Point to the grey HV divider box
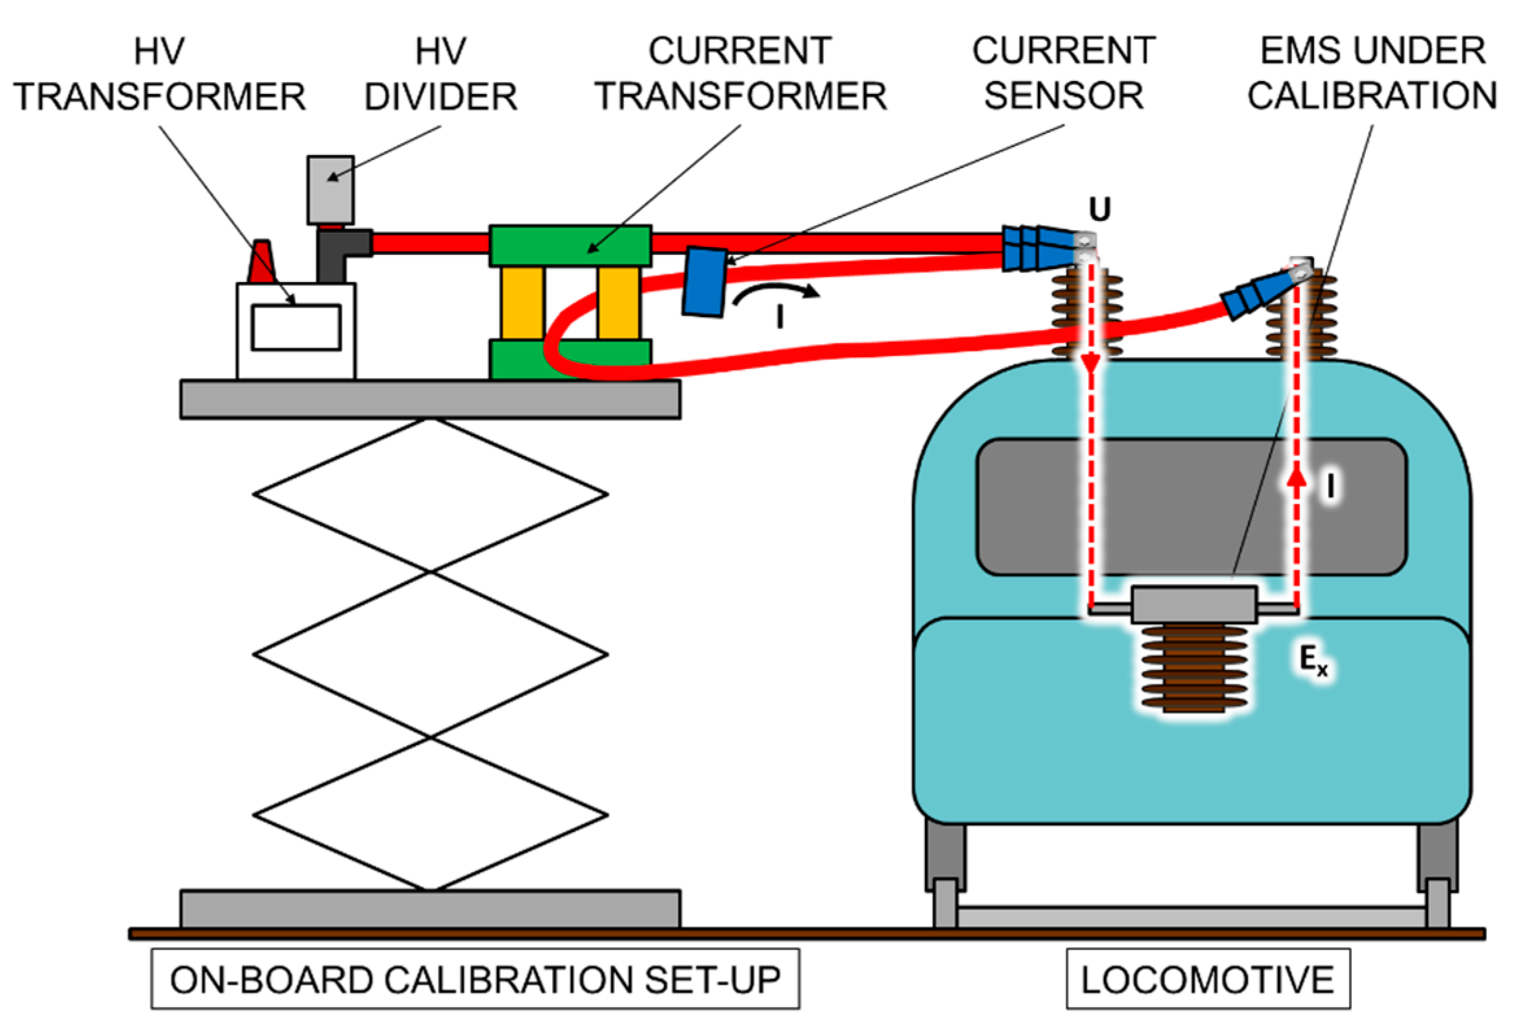[x=330, y=189]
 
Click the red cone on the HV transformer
[x=262, y=262]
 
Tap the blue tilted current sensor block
[x=704, y=282]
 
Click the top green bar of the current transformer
[x=570, y=246]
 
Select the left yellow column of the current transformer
[x=522, y=303]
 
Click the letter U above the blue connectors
[x=1099, y=209]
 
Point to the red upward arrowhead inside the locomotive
[x=1297, y=479]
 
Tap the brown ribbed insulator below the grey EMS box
[x=1194, y=668]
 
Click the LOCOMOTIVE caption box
[x=1208, y=979]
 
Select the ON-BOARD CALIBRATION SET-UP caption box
[x=475, y=979]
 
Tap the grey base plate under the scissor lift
[x=430, y=908]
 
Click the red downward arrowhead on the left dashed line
[x=1092, y=363]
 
